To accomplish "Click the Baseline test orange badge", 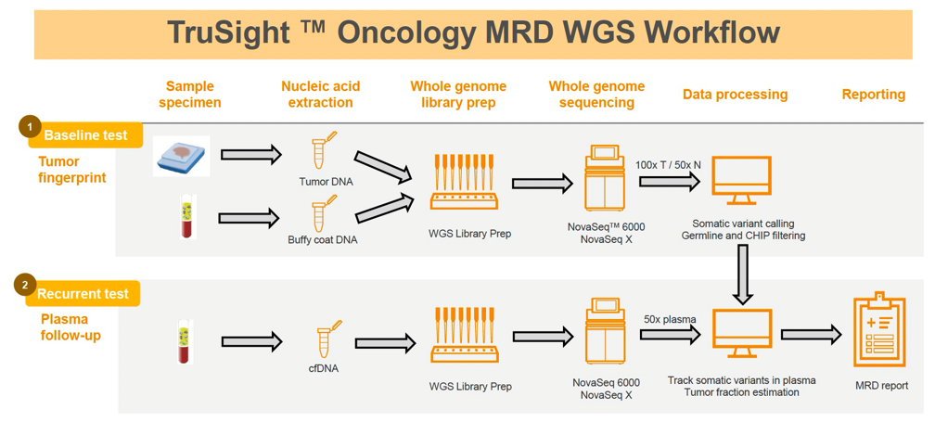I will pos(85,135).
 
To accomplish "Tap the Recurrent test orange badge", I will pos(83,294).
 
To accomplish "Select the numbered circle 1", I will pos(30,127).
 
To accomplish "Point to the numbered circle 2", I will pos(25,285).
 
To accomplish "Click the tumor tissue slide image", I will pos(181,156).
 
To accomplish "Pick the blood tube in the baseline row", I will pos(188,217).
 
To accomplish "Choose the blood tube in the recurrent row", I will pos(186,342).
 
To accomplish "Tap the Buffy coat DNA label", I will pos(322,240).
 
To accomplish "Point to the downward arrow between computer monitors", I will pos(741,275).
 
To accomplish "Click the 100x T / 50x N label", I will pos(668,164).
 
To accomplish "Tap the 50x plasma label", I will pos(669,320).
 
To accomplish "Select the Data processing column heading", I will pos(735,95).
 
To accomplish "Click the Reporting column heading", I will pos(873,95).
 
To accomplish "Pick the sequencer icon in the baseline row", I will pos(605,179).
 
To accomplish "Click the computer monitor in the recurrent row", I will pos(741,333).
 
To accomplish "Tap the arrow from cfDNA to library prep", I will pos(385,342).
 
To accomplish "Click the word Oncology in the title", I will pos(404,32).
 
